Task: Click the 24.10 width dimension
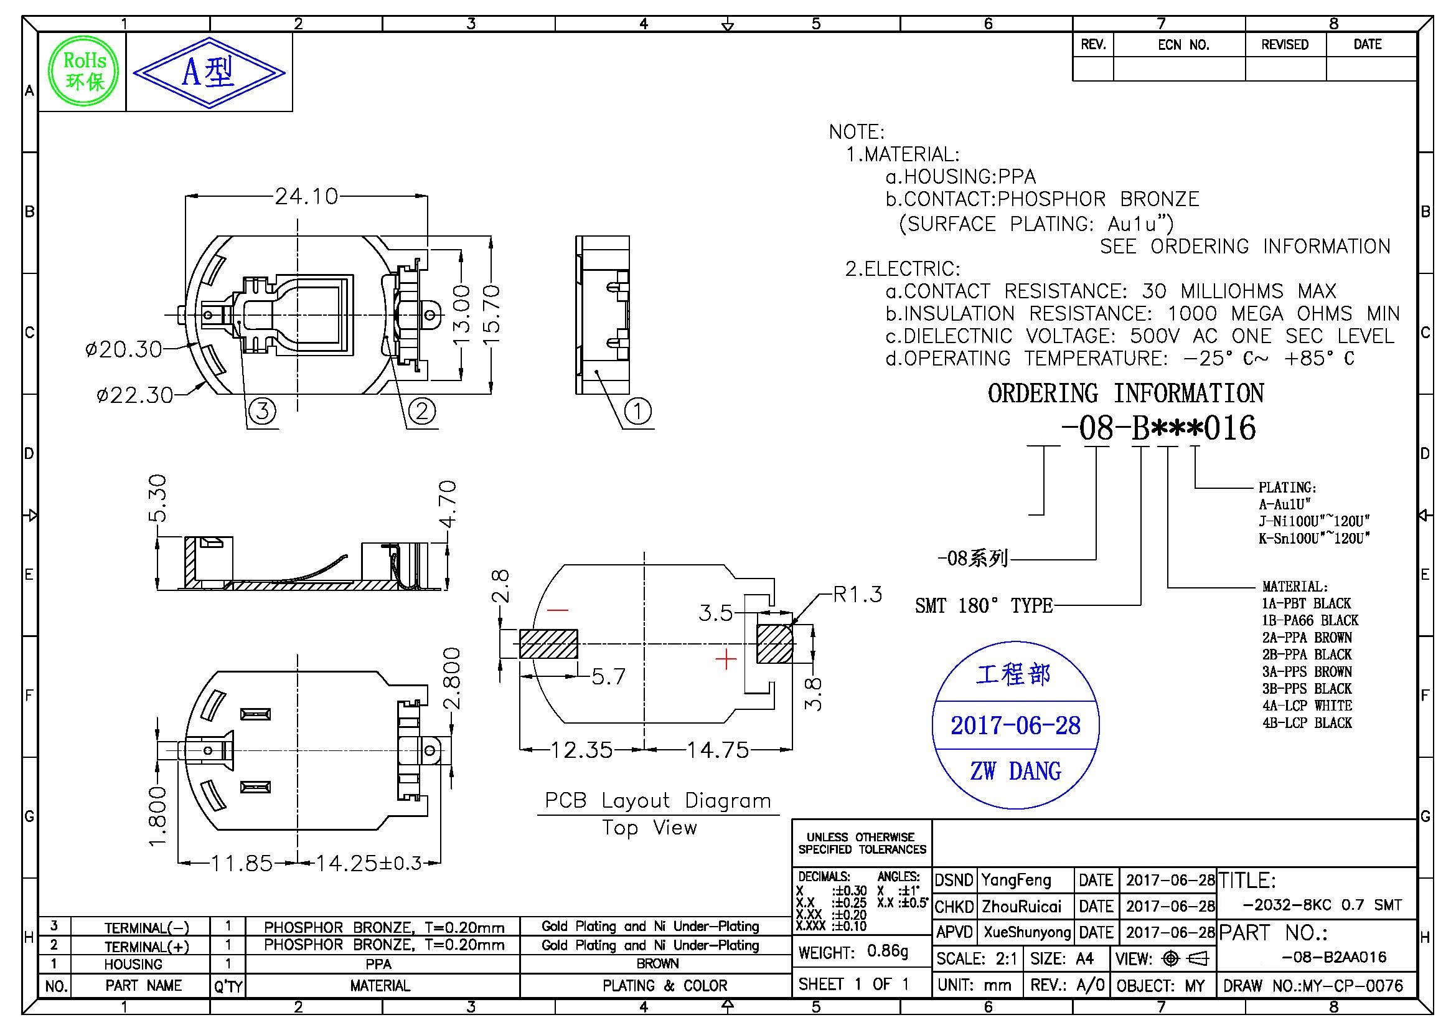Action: click(x=306, y=196)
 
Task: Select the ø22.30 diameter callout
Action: click(x=134, y=395)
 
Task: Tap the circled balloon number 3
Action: click(x=262, y=411)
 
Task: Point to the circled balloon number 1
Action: click(x=638, y=411)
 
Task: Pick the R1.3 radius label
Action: click(x=857, y=594)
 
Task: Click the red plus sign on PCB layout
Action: click(x=725, y=659)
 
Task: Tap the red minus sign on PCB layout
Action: click(x=558, y=610)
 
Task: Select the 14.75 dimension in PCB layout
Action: click(x=718, y=750)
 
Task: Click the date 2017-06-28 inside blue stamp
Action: click(x=1015, y=725)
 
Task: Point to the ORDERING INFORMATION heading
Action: click(x=1125, y=393)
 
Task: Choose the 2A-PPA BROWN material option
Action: click(x=1307, y=638)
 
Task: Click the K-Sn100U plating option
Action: click(x=1314, y=538)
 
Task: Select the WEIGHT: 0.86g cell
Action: click(x=853, y=952)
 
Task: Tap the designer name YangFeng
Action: click(x=1016, y=881)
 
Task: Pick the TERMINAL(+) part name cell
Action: click(x=146, y=947)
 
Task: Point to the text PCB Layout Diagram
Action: click(x=657, y=800)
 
